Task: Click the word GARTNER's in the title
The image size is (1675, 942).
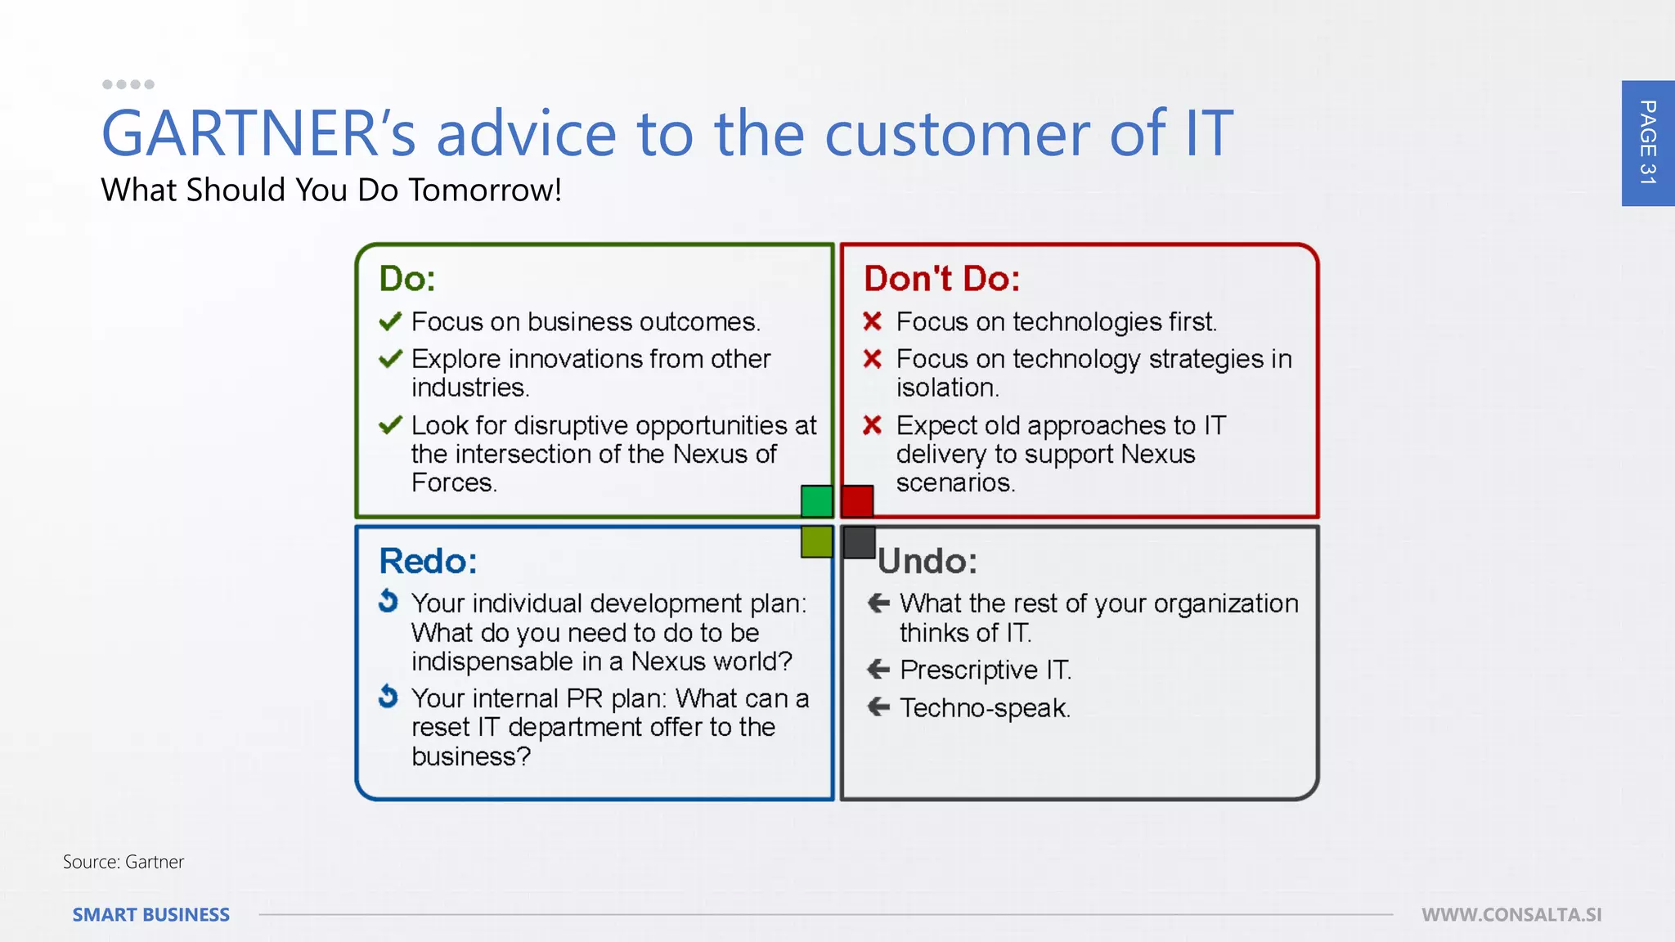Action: [x=258, y=133]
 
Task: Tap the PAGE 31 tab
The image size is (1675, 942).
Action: [x=1647, y=143]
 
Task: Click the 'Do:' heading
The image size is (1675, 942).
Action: [x=406, y=279]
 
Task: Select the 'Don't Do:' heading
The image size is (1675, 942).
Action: [x=941, y=279]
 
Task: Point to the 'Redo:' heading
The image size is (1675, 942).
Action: [x=428, y=561]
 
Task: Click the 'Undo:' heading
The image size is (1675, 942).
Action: [x=927, y=561]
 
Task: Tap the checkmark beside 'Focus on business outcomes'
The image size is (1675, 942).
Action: [x=390, y=321]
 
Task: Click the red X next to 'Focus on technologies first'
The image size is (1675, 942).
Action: [x=872, y=321]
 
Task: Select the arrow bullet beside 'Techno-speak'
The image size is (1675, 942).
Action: [x=878, y=706]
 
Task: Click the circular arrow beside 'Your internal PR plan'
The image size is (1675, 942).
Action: [x=388, y=697]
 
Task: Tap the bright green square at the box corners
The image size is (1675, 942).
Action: [x=816, y=501]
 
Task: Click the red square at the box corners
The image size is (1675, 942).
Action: [x=857, y=501]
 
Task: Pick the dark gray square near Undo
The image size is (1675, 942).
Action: [x=859, y=542]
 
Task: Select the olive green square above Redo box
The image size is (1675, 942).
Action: [x=816, y=541]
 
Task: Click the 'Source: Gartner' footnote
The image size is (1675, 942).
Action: [x=123, y=862]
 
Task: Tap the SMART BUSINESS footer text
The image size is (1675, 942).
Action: [x=151, y=915]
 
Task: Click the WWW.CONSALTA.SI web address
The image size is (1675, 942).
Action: [x=1511, y=915]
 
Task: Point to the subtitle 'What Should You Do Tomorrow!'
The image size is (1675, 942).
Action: [x=331, y=190]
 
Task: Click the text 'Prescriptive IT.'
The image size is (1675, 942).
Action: [x=985, y=670]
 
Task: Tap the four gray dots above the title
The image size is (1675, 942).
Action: [x=128, y=84]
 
